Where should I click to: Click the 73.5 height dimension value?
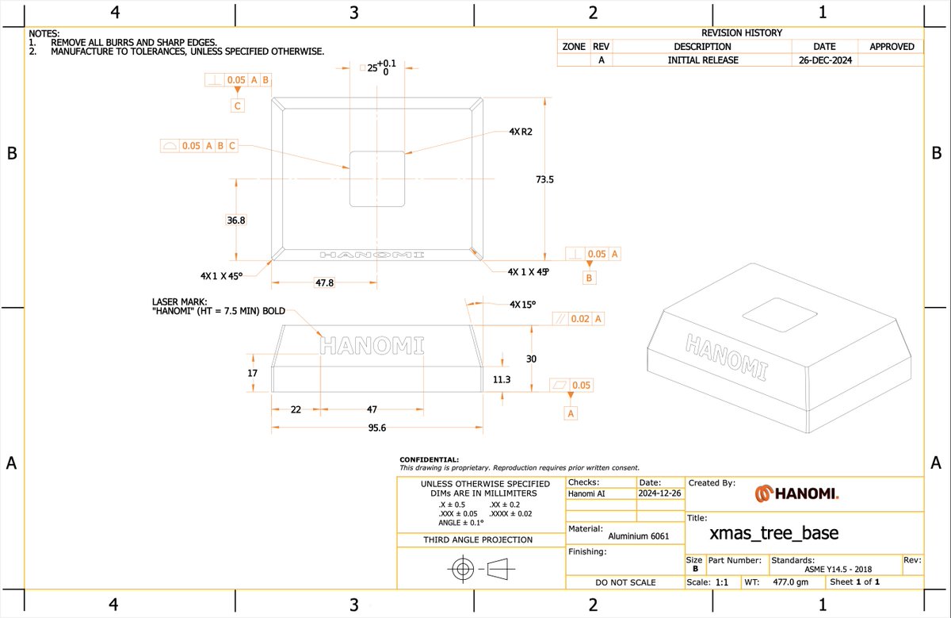pyautogui.click(x=544, y=179)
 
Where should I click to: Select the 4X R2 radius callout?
pyautogui.click(x=521, y=132)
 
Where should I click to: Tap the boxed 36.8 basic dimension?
pyautogui.click(x=236, y=221)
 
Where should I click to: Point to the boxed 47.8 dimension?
pyautogui.click(x=324, y=282)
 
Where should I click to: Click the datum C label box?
pyautogui.click(x=237, y=106)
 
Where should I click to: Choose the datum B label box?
pyautogui.click(x=589, y=278)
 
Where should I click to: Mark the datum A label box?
pyautogui.click(x=571, y=413)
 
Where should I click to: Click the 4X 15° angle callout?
pyautogui.click(x=522, y=305)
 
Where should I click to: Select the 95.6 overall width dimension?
pyautogui.click(x=377, y=428)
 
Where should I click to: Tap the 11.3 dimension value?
pyautogui.click(x=502, y=379)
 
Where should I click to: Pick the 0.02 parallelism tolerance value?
pyautogui.click(x=580, y=319)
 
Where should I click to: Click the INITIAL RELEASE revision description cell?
pyautogui.click(x=703, y=60)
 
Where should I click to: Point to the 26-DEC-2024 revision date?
pyautogui.click(x=825, y=60)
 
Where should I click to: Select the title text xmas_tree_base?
pyautogui.click(x=774, y=533)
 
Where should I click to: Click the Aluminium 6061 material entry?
pyautogui.click(x=639, y=536)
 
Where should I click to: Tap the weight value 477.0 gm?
pyautogui.click(x=791, y=582)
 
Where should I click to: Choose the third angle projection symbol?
pyautogui.click(x=481, y=569)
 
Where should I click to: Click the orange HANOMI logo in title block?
pyautogui.click(x=797, y=493)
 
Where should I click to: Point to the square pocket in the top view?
pyautogui.click(x=377, y=179)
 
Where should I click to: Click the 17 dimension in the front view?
pyautogui.click(x=252, y=373)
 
